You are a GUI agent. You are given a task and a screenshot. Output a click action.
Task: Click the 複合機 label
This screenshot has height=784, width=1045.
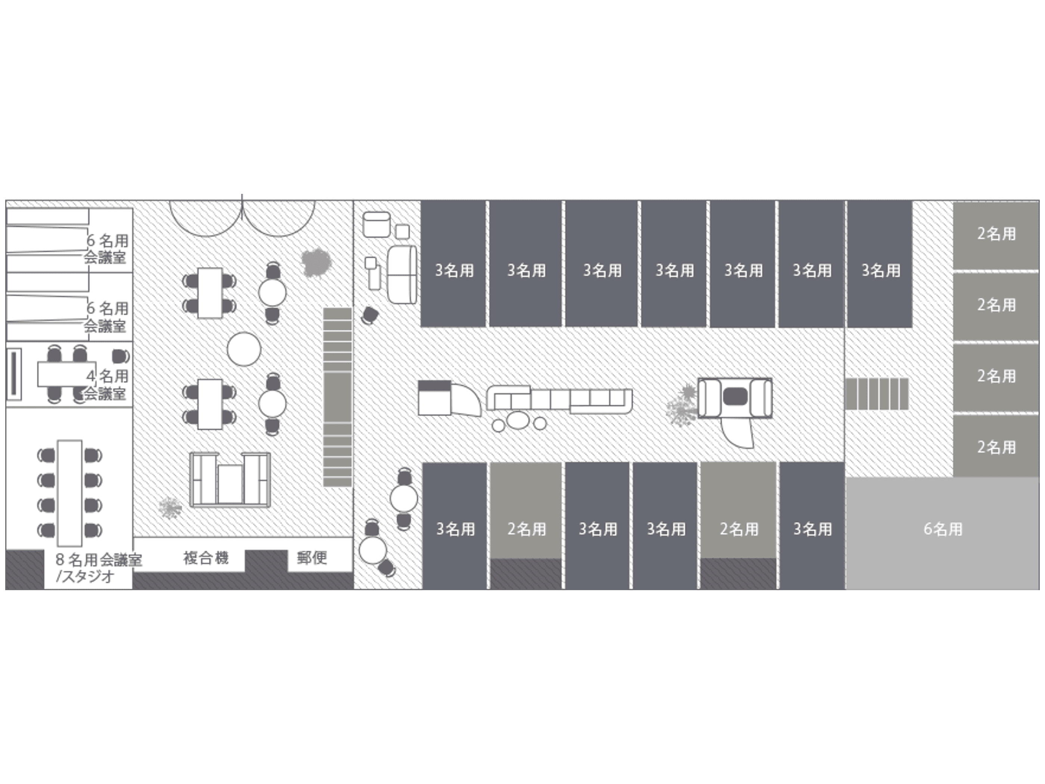tap(205, 558)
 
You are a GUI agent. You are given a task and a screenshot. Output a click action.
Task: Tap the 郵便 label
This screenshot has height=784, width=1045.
tap(312, 558)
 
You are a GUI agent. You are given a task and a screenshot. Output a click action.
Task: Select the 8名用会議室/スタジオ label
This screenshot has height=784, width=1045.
tap(98, 568)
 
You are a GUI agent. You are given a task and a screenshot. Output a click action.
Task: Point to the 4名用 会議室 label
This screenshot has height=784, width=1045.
tap(106, 385)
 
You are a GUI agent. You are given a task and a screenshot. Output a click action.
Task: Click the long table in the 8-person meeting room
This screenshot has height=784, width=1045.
tap(69, 493)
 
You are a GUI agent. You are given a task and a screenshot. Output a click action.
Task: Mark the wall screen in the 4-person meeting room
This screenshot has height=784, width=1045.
tap(14, 374)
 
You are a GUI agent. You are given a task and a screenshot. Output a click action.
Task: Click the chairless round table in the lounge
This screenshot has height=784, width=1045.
tap(244, 349)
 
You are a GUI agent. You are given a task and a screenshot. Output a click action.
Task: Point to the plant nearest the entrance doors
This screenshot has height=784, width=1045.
tap(316, 263)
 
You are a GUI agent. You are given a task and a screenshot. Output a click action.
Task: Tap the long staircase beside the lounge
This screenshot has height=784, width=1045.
tap(337, 397)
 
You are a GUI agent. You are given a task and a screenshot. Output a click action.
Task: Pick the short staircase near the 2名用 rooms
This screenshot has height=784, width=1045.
tap(876, 394)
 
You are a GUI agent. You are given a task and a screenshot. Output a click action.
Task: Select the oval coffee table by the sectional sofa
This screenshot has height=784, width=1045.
tap(518, 420)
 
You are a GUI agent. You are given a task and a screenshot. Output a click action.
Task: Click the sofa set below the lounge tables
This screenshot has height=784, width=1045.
tap(230, 480)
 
